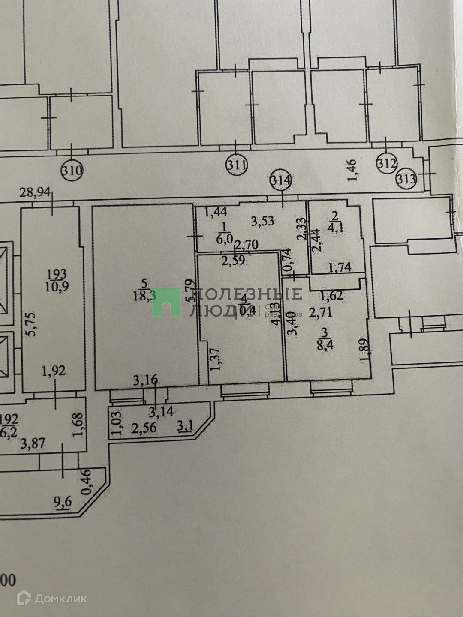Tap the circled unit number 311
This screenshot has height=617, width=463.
click(x=236, y=165)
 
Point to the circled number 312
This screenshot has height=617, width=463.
click(x=387, y=163)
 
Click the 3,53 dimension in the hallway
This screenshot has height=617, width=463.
click(x=262, y=221)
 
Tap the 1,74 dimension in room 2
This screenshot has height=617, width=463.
click(x=340, y=267)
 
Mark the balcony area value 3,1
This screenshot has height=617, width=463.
click(x=185, y=427)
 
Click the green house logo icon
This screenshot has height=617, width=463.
click(x=166, y=302)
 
